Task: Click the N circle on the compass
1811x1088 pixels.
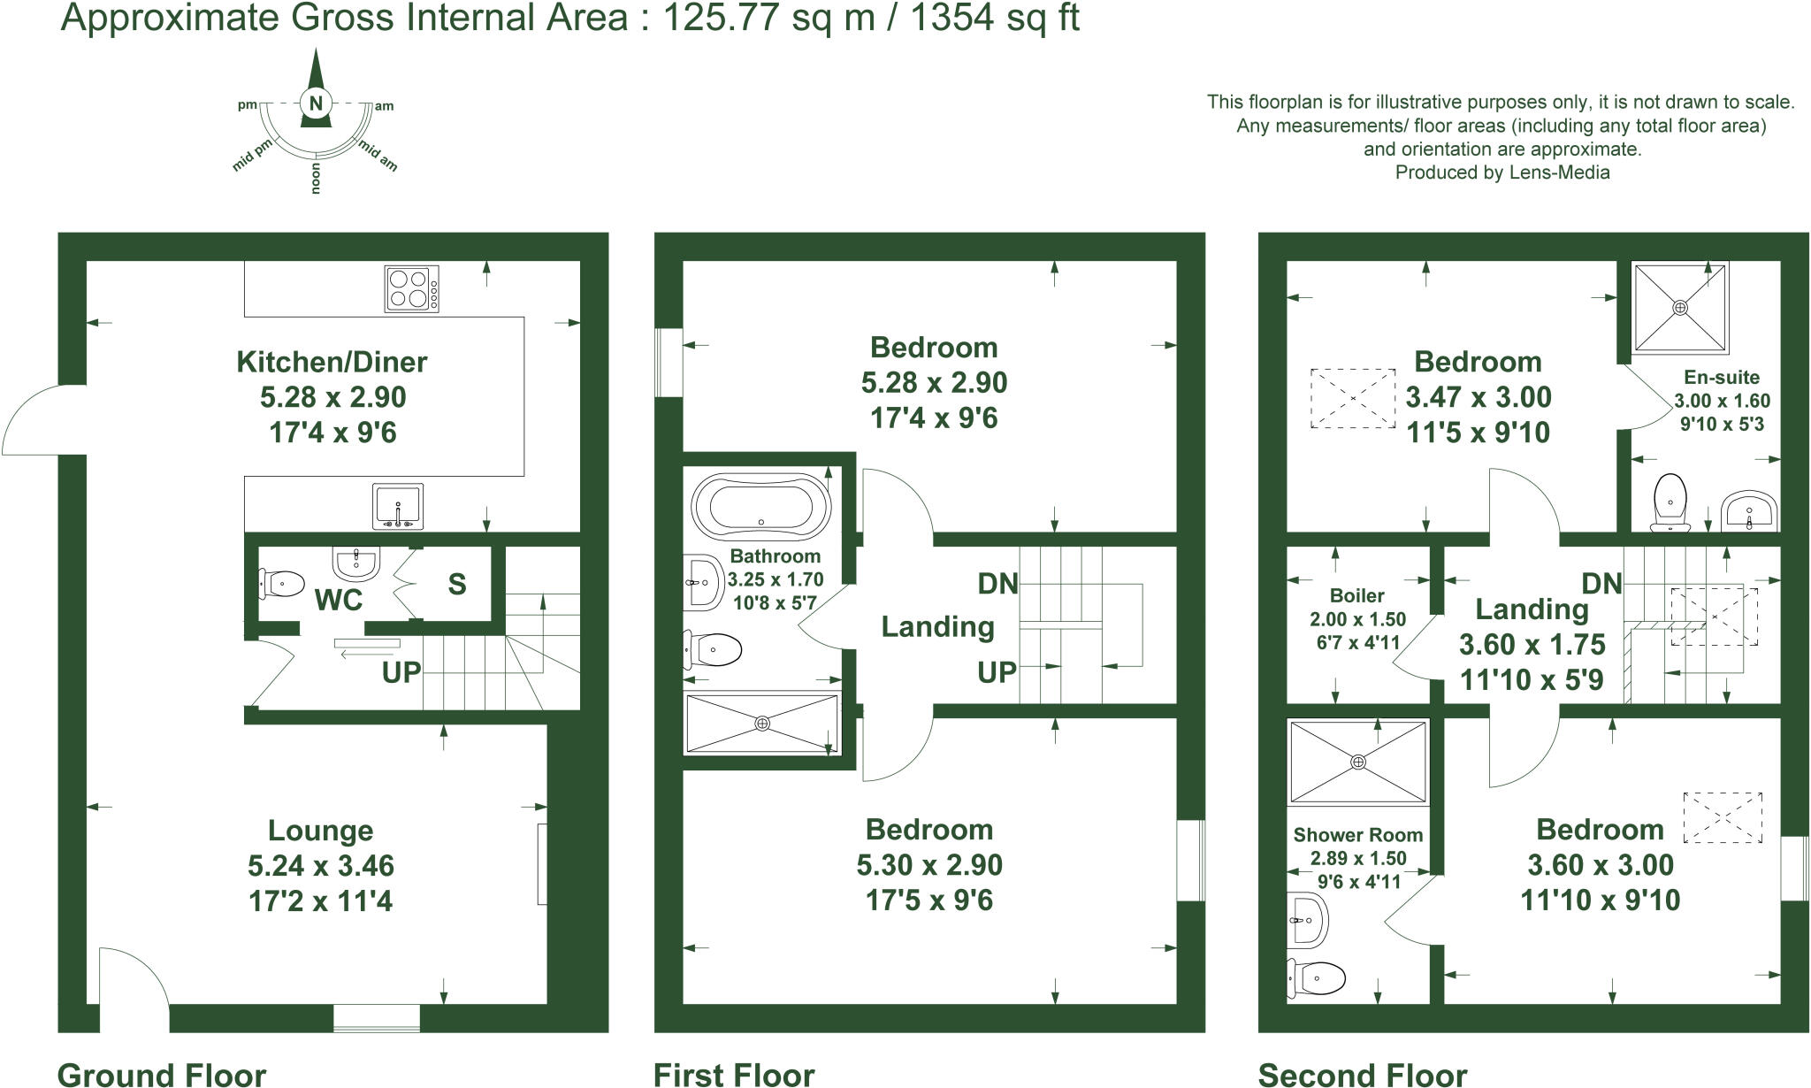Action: tap(315, 103)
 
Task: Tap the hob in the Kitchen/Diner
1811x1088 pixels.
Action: tap(412, 288)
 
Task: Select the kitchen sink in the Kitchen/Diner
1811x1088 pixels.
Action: tap(398, 506)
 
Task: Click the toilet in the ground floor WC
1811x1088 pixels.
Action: tap(282, 583)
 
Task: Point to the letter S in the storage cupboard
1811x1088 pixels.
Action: tap(456, 584)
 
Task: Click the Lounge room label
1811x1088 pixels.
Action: tap(320, 831)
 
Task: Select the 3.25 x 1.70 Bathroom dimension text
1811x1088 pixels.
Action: tap(776, 580)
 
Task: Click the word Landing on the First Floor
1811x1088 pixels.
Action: tap(937, 627)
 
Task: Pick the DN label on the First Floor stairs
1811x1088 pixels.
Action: tap(997, 583)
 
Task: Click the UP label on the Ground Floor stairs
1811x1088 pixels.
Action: tap(401, 672)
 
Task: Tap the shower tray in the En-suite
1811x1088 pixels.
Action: tap(1680, 307)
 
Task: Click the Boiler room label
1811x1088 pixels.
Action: tap(1356, 595)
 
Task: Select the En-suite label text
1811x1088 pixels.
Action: tap(1722, 378)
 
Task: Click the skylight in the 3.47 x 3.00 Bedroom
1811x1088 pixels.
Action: tap(1353, 399)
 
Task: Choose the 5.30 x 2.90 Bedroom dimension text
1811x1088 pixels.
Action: tap(929, 865)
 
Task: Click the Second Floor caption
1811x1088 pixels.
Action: tap(1362, 1075)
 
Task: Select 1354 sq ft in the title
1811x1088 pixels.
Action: tap(994, 18)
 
